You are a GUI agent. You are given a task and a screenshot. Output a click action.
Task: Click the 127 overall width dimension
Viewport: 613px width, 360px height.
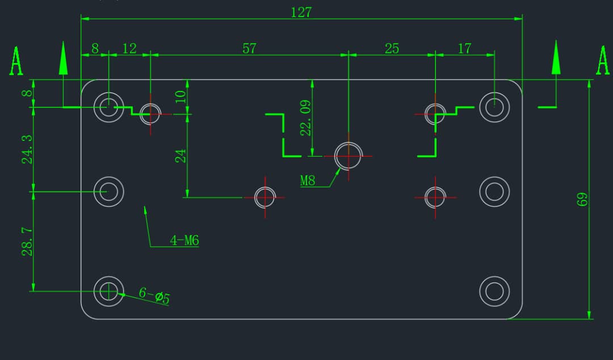pos(301,12)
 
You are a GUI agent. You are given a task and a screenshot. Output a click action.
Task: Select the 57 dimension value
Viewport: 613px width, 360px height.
pos(249,48)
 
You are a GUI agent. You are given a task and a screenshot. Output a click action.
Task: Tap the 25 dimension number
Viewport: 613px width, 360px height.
pos(392,48)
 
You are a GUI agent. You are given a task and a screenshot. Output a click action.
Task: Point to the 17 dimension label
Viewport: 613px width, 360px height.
pos(464,48)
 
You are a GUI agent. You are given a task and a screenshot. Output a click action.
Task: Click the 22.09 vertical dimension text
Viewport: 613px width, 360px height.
pos(305,118)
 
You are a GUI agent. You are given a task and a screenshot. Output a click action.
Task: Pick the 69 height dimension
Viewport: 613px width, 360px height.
pos(582,199)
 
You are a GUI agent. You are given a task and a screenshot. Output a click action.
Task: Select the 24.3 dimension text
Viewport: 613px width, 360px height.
pos(27,149)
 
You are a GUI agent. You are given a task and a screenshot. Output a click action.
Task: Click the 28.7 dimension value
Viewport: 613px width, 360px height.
pos(27,241)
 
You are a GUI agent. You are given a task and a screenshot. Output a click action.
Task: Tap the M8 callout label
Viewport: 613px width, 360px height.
pos(308,181)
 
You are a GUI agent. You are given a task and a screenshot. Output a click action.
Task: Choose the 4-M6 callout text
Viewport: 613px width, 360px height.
pos(184,241)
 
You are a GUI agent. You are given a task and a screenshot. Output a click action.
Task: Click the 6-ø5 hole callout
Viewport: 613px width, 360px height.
pos(154,295)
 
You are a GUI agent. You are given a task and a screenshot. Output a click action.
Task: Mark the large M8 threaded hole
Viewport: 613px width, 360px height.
pos(349,155)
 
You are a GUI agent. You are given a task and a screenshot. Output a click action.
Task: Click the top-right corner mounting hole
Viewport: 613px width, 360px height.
pos(494,106)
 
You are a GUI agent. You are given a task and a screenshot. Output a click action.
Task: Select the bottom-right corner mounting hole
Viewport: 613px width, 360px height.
pos(494,291)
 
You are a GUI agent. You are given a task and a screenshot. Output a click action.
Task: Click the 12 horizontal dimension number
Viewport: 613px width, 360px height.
pos(129,48)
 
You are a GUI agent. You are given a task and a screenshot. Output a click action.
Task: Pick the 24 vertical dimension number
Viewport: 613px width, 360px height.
pos(180,155)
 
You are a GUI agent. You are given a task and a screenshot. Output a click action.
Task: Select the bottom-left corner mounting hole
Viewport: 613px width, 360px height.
pos(108,291)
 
